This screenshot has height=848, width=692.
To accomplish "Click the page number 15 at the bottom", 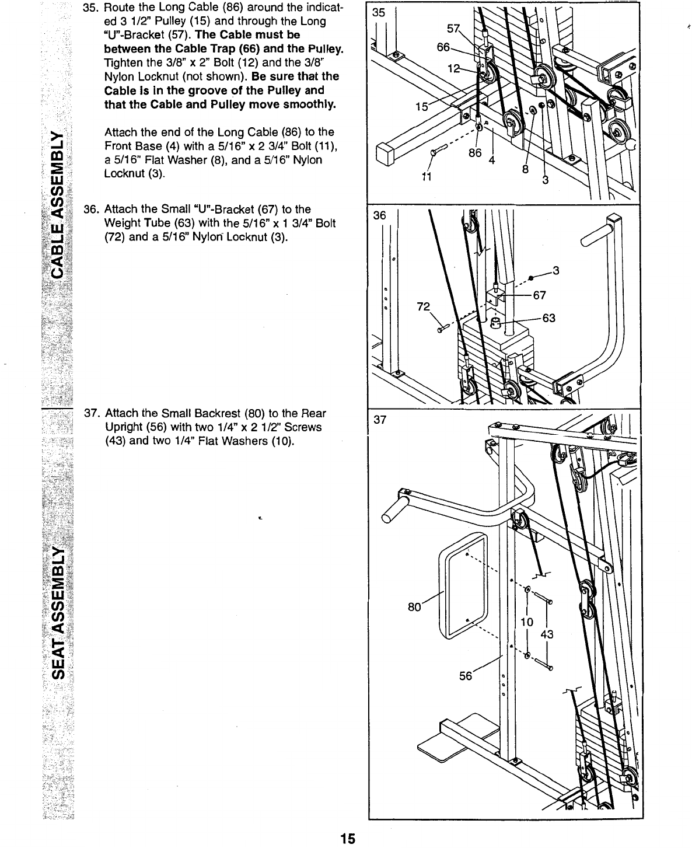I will [x=348, y=839].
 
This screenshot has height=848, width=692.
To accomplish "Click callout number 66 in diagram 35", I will [x=443, y=46].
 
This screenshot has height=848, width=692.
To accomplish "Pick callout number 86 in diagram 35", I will [x=476, y=153].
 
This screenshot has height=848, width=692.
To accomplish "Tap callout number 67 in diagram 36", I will [x=540, y=295].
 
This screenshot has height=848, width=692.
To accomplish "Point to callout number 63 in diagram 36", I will [x=548, y=318].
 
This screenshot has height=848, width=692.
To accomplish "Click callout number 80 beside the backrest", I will [x=415, y=607].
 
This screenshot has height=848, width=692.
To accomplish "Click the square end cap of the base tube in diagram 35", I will [x=385, y=155].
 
